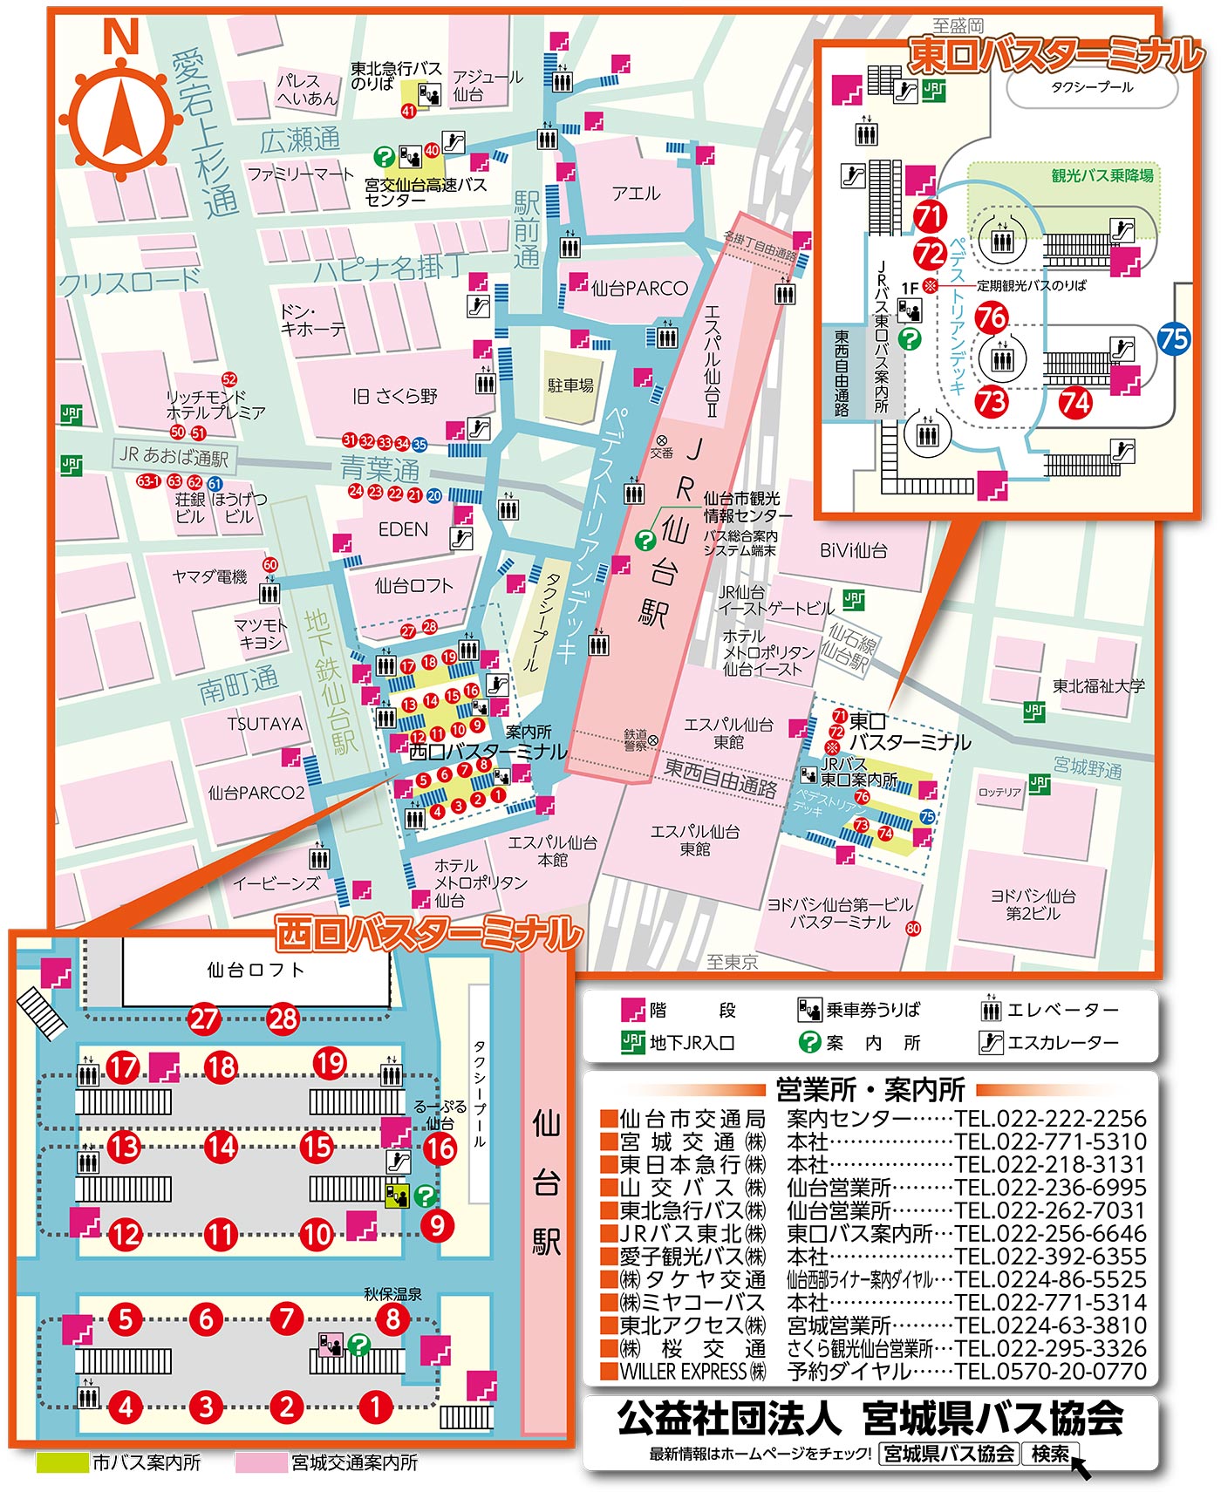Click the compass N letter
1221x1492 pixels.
click(x=120, y=37)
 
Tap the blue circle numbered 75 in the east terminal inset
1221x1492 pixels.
click(x=1174, y=338)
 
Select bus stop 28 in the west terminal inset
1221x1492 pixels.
click(x=283, y=1019)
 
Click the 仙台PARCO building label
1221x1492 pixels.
click(x=639, y=289)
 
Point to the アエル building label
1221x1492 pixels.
click(x=636, y=193)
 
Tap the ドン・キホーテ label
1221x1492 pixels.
click(x=312, y=321)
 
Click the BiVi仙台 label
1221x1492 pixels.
click(x=853, y=550)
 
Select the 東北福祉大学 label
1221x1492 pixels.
click(x=1098, y=685)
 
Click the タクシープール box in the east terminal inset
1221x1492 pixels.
click(x=1092, y=87)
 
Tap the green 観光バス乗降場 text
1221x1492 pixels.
click(x=1102, y=176)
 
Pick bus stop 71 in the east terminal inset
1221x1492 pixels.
click(x=931, y=216)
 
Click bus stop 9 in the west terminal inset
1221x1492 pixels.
click(x=437, y=1225)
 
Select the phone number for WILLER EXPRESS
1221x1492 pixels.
click(x=1050, y=1371)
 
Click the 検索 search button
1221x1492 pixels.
click(x=1050, y=1453)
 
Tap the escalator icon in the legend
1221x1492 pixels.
click(x=991, y=1042)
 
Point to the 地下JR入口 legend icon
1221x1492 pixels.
click(x=632, y=1042)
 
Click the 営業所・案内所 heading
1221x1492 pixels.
click(x=870, y=1089)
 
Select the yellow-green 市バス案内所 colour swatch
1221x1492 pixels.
click(x=62, y=1462)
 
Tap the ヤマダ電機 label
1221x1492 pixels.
click(x=209, y=576)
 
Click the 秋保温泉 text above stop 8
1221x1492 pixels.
click(x=392, y=1294)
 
